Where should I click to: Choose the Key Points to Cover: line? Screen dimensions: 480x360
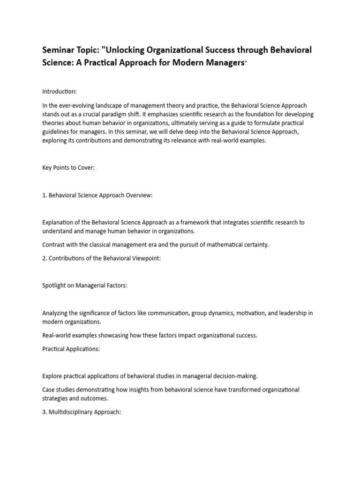[x=68, y=167]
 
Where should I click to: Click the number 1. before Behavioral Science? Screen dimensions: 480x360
[x=45, y=195]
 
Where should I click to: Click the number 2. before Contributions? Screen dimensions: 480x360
[x=45, y=258]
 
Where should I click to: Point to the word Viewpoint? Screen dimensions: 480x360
[x=145, y=258]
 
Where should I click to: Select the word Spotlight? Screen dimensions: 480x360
[x=54, y=285]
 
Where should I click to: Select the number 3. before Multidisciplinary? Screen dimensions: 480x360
[x=45, y=412]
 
